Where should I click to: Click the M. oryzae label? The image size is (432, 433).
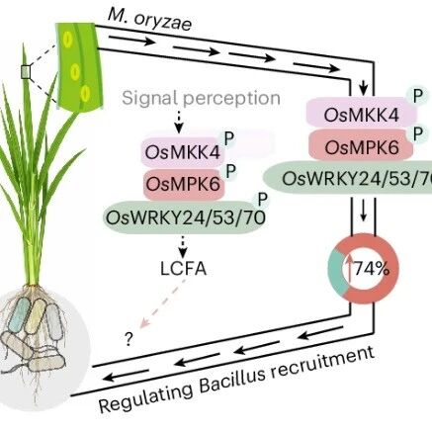pyautogui.click(x=149, y=21)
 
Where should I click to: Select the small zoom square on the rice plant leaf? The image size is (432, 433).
pyautogui.click(x=26, y=72)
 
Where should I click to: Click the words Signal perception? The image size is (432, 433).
pyautogui.click(x=201, y=98)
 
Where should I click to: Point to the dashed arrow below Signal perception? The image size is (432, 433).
pyautogui.click(x=179, y=122)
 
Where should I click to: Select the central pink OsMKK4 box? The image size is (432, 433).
pyautogui.click(x=183, y=152)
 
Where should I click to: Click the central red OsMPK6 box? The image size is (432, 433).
pyautogui.click(x=183, y=183)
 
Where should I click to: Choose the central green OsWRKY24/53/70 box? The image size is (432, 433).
pyautogui.click(x=185, y=217)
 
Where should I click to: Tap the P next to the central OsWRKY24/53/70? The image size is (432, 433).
pyautogui.click(x=262, y=199)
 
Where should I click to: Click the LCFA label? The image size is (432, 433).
pyautogui.click(x=183, y=268)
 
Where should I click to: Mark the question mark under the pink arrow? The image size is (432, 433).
pyautogui.click(x=129, y=339)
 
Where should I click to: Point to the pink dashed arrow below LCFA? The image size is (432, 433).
pyautogui.click(x=163, y=303)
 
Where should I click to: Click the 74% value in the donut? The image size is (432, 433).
pyautogui.click(x=372, y=269)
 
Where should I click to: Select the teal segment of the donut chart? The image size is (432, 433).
pyautogui.click(x=335, y=270)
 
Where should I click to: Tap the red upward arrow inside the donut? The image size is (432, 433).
pyautogui.click(x=349, y=269)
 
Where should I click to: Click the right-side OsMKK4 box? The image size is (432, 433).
pyautogui.click(x=362, y=114)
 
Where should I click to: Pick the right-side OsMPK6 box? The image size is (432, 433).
pyautogui.click(x=361, y=146)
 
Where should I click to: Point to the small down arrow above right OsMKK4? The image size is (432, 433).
pyautogui.click(x=363, y=87)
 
